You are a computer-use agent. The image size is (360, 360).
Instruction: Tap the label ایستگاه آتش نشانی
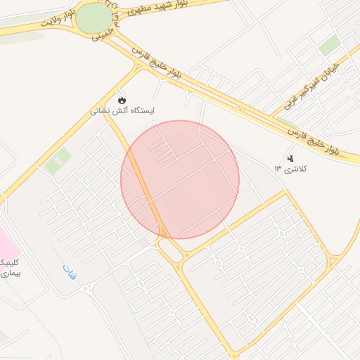pos(123,111)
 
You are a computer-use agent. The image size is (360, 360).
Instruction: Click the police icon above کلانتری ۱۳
pos(290,157)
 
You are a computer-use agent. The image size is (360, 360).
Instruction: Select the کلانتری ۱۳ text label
pos(291,169)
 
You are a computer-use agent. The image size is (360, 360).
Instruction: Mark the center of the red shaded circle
pos(180,179)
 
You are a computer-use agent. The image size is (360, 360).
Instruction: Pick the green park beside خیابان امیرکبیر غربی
pos(329,46)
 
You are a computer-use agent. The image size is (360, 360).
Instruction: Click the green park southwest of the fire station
pos(57,161)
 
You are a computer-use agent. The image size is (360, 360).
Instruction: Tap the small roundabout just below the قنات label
pos(87,288)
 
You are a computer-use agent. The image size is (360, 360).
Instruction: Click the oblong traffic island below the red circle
pos(170,250)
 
